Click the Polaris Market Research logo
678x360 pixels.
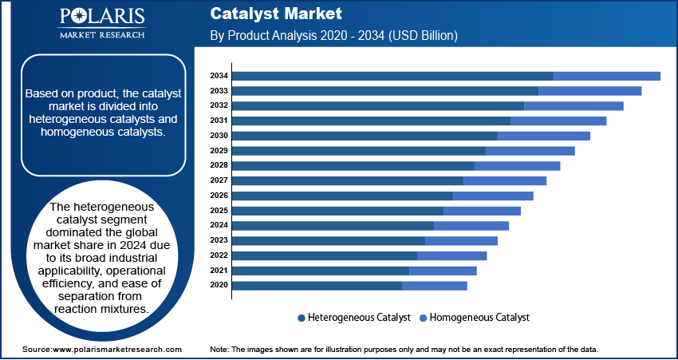101,23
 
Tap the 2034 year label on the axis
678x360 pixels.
219,76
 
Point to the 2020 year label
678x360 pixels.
219,285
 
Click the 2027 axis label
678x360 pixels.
219,180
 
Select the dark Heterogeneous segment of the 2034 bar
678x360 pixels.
392,76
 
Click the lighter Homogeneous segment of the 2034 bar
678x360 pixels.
607,76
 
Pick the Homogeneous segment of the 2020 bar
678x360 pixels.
435,285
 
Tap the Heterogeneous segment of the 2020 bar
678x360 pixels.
317,285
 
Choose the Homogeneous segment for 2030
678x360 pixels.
544,136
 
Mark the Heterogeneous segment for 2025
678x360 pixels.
337,211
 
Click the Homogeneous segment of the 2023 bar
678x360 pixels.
461,240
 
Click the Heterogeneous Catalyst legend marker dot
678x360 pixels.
302,318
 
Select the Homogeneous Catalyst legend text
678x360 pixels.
479,318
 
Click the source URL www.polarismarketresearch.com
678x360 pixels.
116,350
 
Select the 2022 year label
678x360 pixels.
219,255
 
